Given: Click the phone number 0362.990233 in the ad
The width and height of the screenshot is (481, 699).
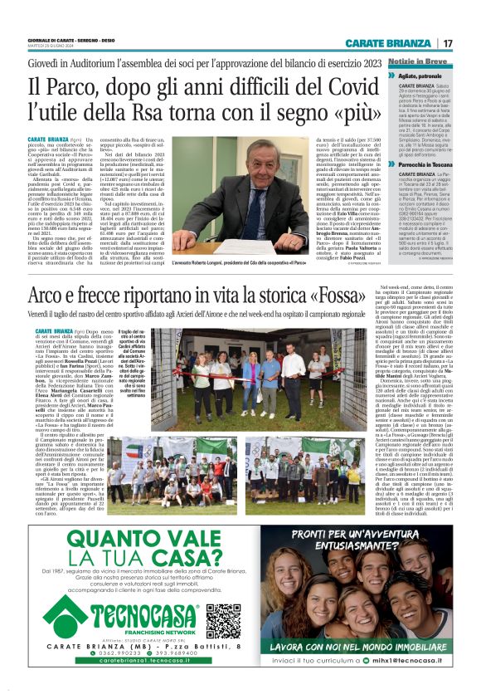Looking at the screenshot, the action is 104,665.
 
